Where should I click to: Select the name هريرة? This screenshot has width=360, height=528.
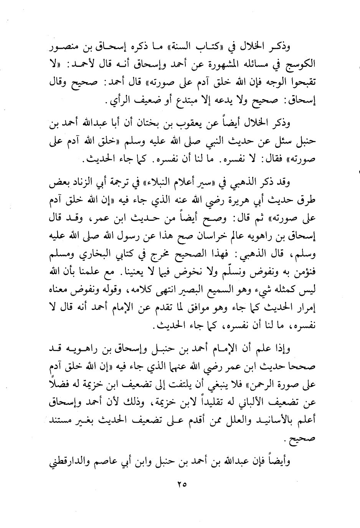tap(244, 200)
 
